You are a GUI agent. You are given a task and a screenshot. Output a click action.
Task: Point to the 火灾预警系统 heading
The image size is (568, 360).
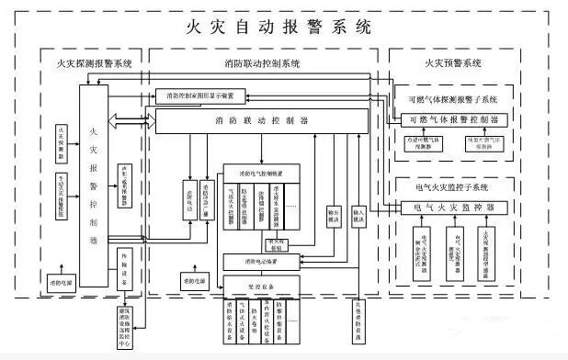[x=452, y=63]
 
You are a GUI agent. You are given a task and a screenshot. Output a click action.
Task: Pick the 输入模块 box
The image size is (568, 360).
[x=359, y=217]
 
